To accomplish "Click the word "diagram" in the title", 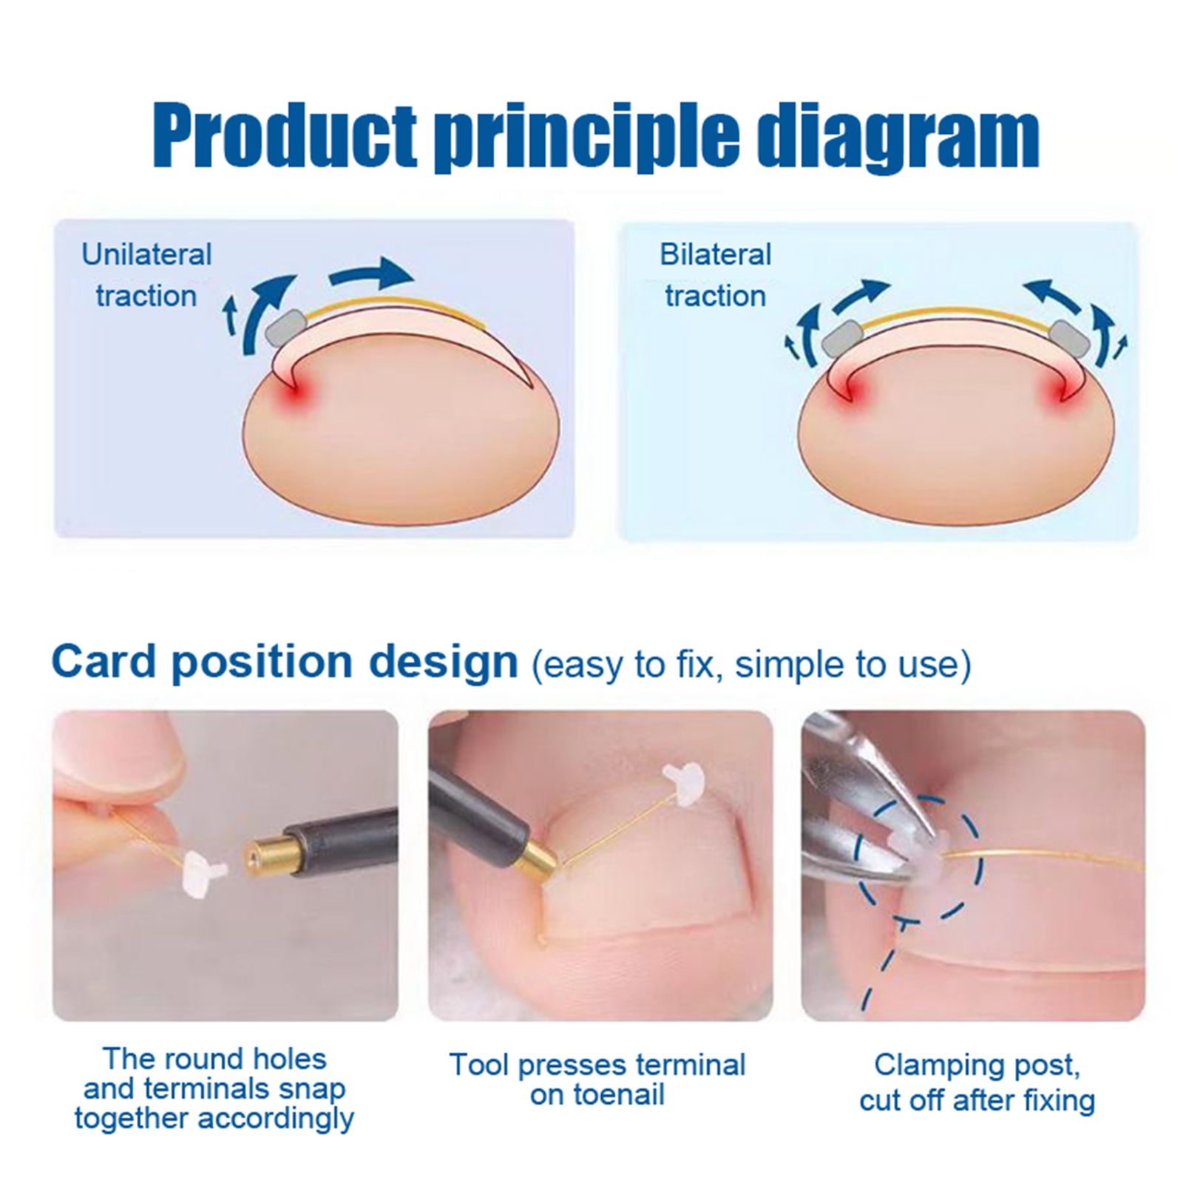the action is pyautogui.click(x=899, y=138).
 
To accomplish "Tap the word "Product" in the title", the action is pyautogui.click(x=285, y=136).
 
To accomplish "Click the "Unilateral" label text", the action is pyautogui.click(x=146, y=254).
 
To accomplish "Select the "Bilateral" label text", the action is pyautogui.click(x=715, y=254).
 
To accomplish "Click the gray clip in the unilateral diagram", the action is pyautogui.click(x=288, y=327).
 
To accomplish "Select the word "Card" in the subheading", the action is pyautogui.click(x=104, y=661).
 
